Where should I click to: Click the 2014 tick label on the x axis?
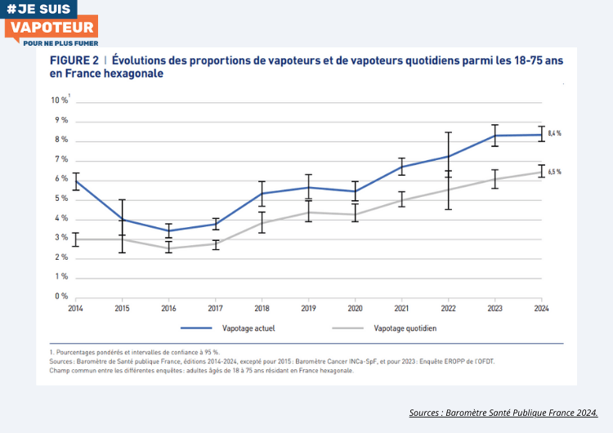(x=74, y=309)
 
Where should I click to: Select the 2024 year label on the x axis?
(x=541, y=309)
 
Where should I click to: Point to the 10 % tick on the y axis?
(x=60, y=100)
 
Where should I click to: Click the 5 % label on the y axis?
(x=61, y=199)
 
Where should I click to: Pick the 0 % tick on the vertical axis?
(x=61, y=297)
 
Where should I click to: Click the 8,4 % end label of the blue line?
(x=555, y=133)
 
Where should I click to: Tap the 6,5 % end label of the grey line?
(x=555, y=172)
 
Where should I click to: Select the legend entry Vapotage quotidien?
(x=405, y=328)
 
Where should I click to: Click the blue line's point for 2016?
(x=168, y=230)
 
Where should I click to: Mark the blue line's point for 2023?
(x=494, y=136)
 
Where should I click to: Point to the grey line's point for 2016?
(x=168, y=248)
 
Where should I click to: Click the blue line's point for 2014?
(x=75, y=181)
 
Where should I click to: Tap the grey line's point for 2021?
(x=401, y=200)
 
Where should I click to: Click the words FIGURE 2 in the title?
(x=74, y=60)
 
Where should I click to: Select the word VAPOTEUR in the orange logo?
(x=51, y=28)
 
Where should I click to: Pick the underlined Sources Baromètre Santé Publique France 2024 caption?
(x=503, y=413)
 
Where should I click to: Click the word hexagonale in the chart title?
(x=127, y=74)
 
